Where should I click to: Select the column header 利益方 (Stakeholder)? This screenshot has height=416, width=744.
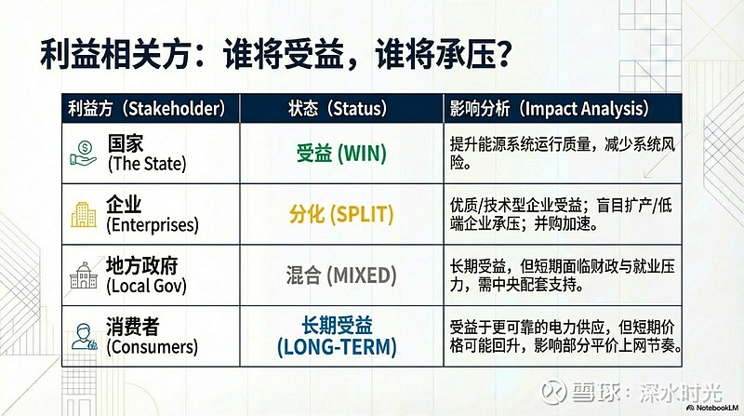click(x=146, y=108)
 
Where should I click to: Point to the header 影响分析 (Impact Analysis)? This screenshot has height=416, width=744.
click(x=549, y=108)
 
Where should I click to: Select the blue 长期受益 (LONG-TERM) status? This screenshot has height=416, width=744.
click(x=336, y=337)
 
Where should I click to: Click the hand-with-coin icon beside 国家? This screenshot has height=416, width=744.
click(x=85, y=154)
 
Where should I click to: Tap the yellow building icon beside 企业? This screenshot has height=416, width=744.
click(x=85, y=214)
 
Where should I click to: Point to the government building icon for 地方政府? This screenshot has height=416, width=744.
click(x=85, y=276)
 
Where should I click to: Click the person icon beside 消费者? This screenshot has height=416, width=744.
click(x=85, y=337)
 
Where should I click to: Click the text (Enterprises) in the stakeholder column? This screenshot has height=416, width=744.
click(x=153, y=225)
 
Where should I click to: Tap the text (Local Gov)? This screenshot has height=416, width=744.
click(x=147, y=287)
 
